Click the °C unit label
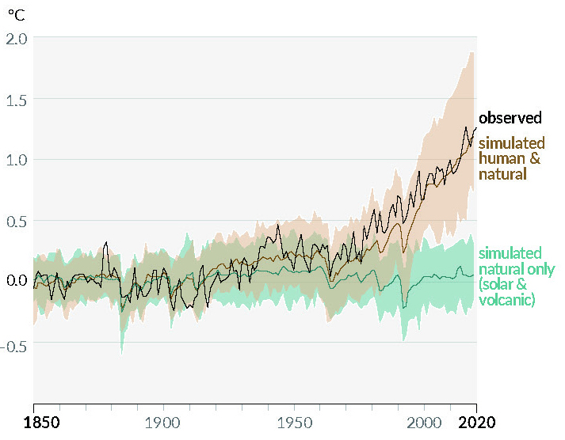tap(17, 13)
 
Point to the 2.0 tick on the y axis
tap(17, 38)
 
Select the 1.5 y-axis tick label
tap(17, 99)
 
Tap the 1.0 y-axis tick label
tap(17, 159)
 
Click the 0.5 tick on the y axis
tap(17, 221)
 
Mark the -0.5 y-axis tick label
tap(15, 346)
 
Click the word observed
tap(510, 118)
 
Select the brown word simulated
tap(512, 143)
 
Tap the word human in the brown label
tap(500, 158)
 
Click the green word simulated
tap(511, 253)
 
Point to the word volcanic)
tap(508, 300)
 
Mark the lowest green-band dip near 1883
tap(121, 354)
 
